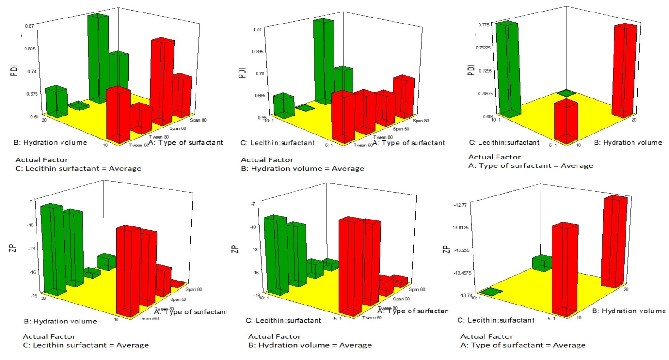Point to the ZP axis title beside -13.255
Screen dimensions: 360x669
click(446, 250)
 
